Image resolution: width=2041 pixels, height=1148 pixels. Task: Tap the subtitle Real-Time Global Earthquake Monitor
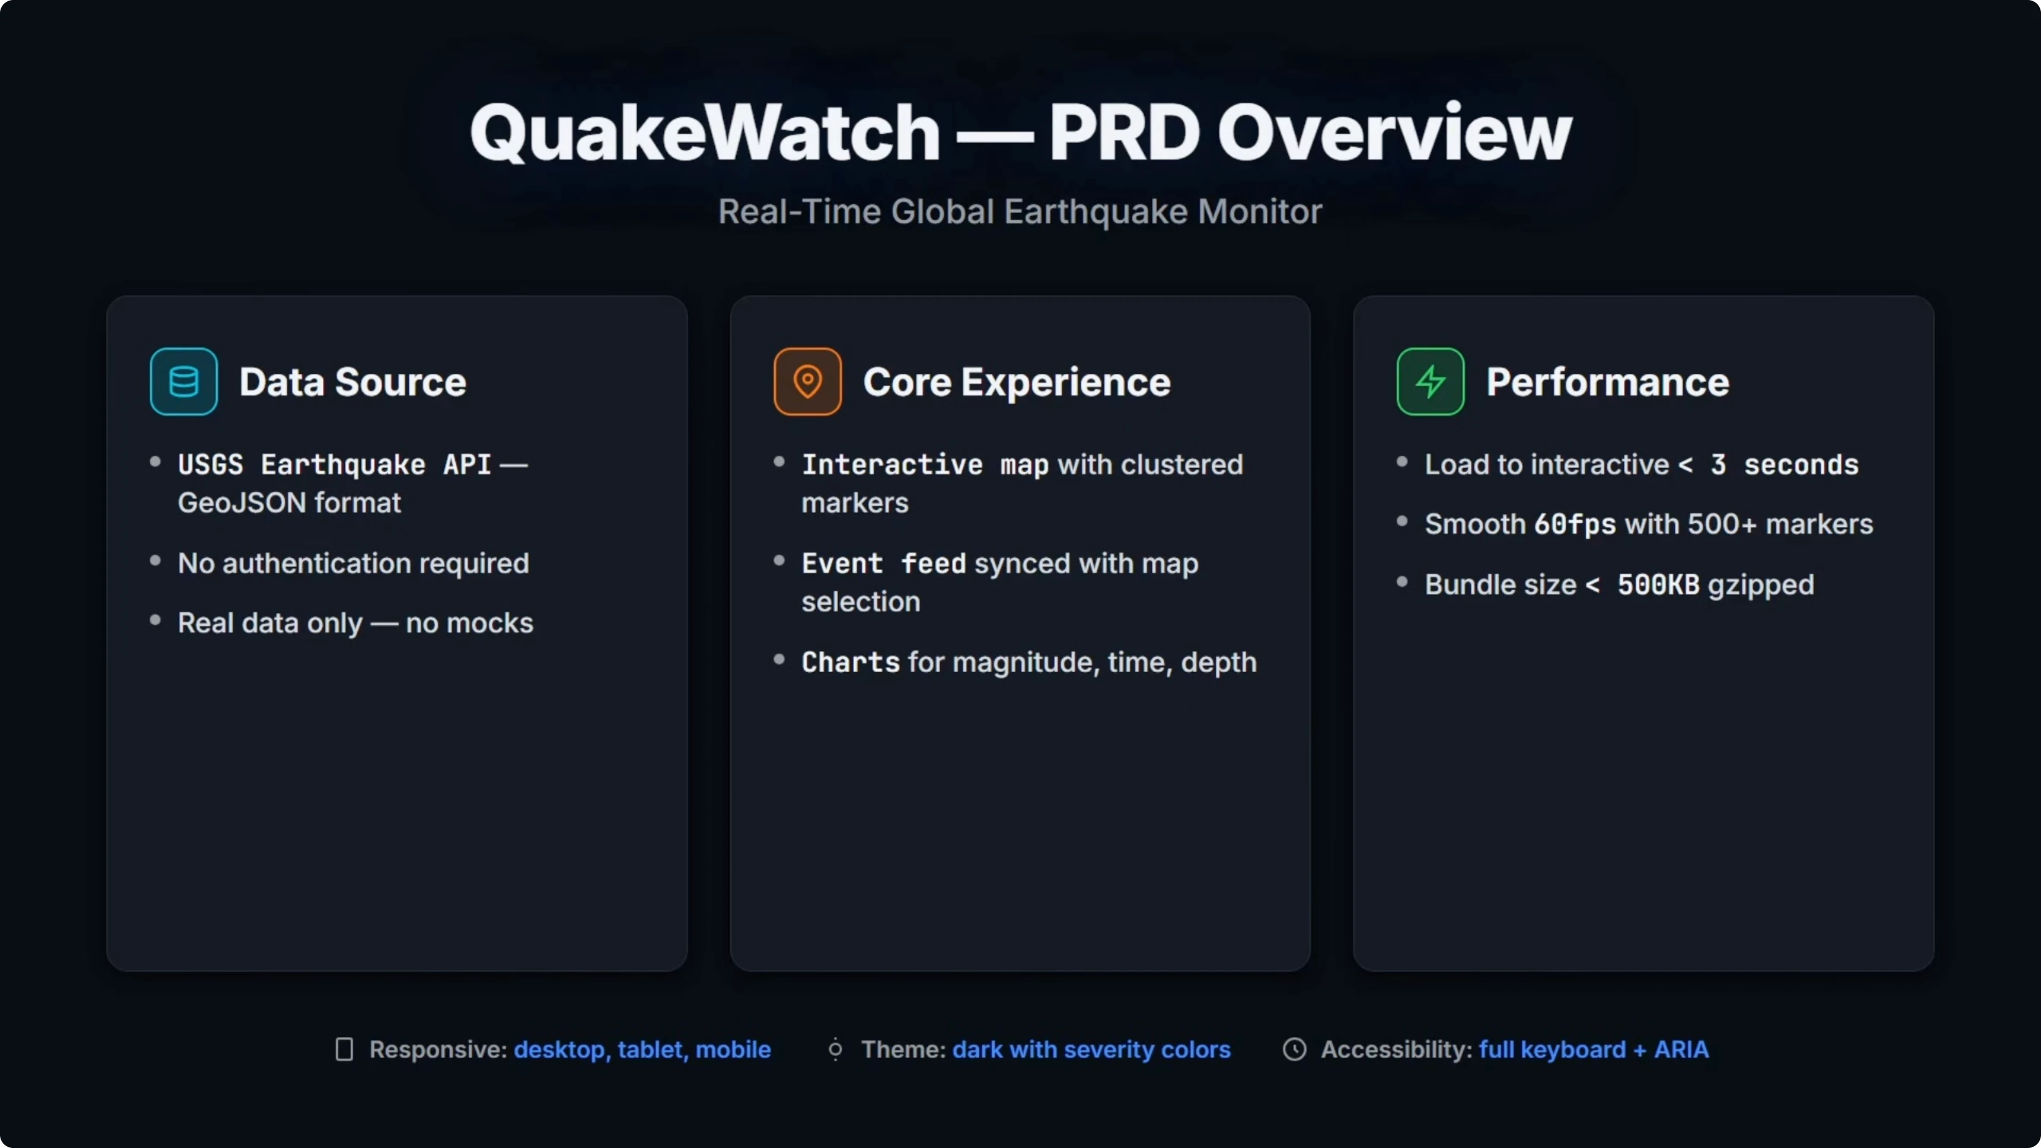click(1020, 211)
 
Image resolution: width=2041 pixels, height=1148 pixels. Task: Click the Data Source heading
click(353, 382)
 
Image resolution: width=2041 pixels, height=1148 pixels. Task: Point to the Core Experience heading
click(1017, 382)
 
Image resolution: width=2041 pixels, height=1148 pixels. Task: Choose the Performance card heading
click(1608, 382)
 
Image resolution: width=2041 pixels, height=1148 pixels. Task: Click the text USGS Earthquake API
click(334, 464)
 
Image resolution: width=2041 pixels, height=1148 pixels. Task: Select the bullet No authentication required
click(353, 563)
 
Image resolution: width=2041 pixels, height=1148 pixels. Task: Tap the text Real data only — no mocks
click(356, 623)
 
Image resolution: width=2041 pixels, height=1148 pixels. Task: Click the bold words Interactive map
click(926, 464)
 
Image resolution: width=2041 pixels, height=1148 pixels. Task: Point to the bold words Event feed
click(884, 563)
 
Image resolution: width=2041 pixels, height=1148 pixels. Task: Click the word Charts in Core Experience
click(850, 662)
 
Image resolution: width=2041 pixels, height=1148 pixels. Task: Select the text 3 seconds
click(1784, 464)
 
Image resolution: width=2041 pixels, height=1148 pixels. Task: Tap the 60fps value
click(1575, 524)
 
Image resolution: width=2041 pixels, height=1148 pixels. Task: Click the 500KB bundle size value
click(1658, 585)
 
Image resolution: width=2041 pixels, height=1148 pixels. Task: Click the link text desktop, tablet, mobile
click(643, 1050)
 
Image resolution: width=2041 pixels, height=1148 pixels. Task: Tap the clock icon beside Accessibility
click(1294, 1050)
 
